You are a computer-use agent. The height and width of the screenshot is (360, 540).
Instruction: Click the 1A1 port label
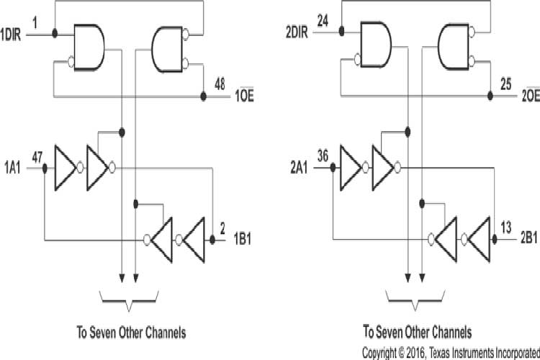12,168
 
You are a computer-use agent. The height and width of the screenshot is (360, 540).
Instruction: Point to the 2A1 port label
300,168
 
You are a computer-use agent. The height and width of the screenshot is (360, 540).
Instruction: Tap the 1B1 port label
243,239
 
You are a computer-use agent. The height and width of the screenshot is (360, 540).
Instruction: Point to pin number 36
323,155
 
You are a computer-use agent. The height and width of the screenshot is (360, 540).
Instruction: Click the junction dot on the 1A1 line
45,168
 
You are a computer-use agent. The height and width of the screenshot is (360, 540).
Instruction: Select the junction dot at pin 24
341,32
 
